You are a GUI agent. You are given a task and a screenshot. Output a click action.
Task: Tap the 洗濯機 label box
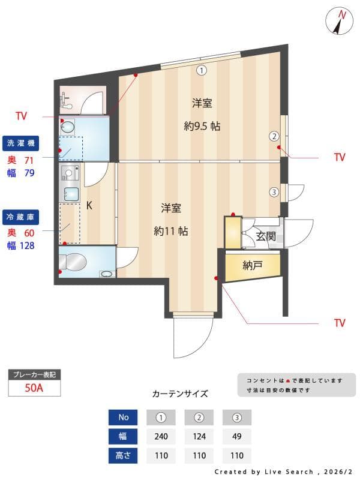pyautogui.click(x=22, y=143)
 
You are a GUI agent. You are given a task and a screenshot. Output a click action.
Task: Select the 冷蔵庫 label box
pyautogui.click(x=22, y=215)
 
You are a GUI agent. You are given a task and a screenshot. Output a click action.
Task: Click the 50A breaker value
pyautogui.click(x=34, y=388)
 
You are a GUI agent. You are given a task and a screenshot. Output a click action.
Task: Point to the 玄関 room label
pyautogui.click(x=266, y=236)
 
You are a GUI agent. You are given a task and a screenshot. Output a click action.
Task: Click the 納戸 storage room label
pyautogui.click(x=253, y=265)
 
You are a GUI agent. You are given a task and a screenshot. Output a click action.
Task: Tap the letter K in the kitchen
pyautogui.click(x=89, y=206)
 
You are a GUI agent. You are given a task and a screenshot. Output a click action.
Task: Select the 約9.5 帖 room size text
pyautogui.click(x=202, y=127)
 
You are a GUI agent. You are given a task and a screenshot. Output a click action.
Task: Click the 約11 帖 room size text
pyautogui.click(x=171, y=230)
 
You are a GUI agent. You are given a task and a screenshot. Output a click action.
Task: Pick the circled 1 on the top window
pyautogui.click(x=202, y=70)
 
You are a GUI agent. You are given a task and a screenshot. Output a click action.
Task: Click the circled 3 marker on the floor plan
pyautogui.click(x=274, y=193)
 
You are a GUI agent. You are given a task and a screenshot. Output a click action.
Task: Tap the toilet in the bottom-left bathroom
pyautogui.click(x=74, y=263)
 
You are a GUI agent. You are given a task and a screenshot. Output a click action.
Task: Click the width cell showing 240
pyautogui.click(x=161, y=436)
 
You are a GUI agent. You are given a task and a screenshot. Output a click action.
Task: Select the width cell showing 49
pyautogui.click(x=236, y=436)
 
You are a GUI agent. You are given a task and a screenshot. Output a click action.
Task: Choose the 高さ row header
pyautogui.click(x=124, y=455)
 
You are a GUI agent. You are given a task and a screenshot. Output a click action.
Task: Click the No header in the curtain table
pyautogui.click(x=124, y=417)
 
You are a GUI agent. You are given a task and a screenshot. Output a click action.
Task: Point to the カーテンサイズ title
pyautogui.click(x=180, y=394)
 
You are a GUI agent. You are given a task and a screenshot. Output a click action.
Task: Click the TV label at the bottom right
pyautogui.click(x=340, y=323)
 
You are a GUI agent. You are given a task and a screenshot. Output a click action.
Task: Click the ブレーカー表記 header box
pyautogui.click(x=34, y=375)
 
